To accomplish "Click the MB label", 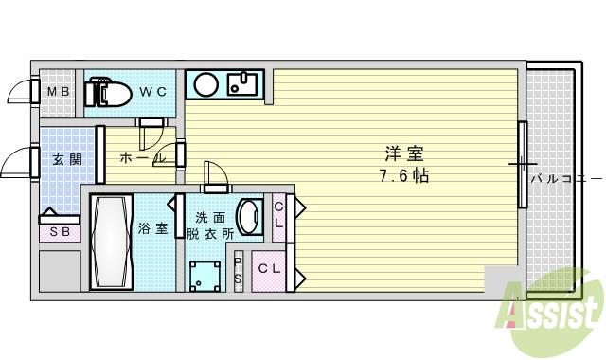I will tap(58, 93).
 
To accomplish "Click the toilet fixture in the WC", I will tap(108, 92).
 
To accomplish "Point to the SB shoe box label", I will tap(59, 230).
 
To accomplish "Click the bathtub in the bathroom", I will tap(111, 242).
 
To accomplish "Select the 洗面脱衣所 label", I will tap(209, 225).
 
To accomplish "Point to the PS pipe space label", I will tap(238, 269).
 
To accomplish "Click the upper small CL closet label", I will tap(279, 216).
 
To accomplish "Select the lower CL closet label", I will tap(270, 269).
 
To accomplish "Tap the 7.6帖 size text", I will tap(402, 176).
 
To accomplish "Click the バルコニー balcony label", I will tap(565, 177).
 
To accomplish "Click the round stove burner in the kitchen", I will tap(206, 85).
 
